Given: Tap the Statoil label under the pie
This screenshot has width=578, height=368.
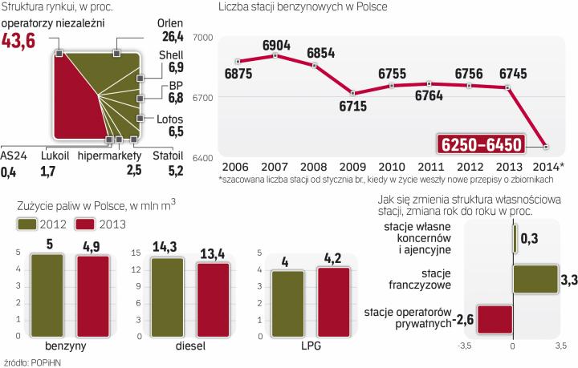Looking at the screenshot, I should (167, 156).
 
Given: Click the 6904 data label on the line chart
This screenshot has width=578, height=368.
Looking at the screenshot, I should (275, 46).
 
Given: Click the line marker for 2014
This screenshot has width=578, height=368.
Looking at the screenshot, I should (546, 147).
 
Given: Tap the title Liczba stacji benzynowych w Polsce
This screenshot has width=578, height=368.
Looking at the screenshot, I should (303, 7).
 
